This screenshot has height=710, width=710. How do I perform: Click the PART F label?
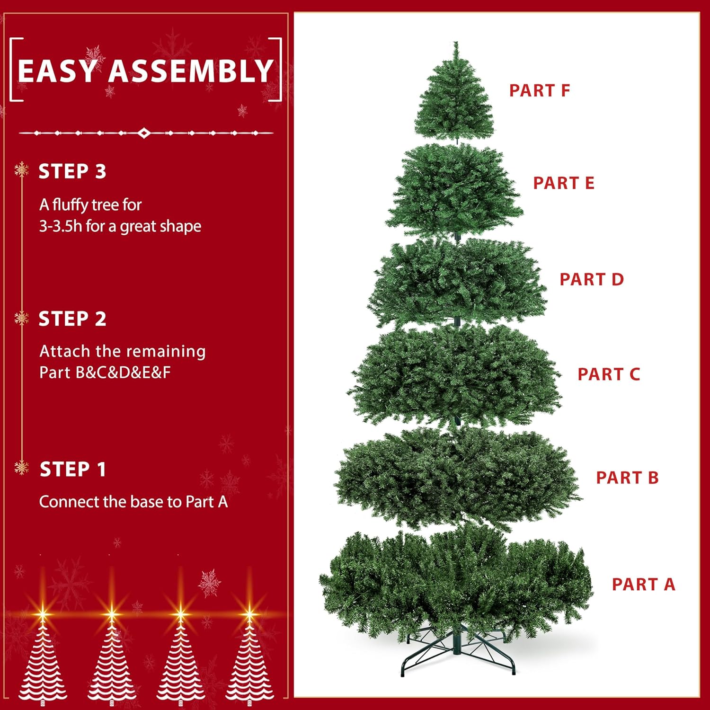pyautogui.click(x=539, y=90)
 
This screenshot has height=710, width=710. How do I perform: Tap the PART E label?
pyautogui.click(x=563, y=183)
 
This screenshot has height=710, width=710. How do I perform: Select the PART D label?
pyautogui.click(x=592, y=279)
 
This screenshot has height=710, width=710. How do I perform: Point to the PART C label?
pyautogui.click(x=609, y=374)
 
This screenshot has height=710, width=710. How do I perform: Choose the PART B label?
pyautogui.click(x=627, y=478)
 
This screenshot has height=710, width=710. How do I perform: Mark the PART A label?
pyautogui.click(x=643, y=584)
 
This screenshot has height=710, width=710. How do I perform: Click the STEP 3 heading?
pyautogui.click(x=72, y=171)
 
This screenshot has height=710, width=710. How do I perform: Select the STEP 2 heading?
pyautogui.click(x=72, y=319)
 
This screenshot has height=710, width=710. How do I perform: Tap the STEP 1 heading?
pyautogui.click(x=72, y=469)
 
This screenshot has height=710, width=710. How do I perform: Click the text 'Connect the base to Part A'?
pyautogui.click(x=133, y=502)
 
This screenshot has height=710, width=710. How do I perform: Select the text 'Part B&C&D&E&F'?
pyautogui.click(x=105, y=373)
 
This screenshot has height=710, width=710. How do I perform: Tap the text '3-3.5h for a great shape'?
pyautogui.click(x=120, y=226)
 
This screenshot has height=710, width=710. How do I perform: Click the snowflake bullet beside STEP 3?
pyautogui.click(x=22, y=169)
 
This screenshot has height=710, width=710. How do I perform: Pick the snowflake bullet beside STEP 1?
pyautogui.click(x=22, y=467)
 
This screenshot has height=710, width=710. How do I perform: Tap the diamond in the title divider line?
pyautogui.click(x=144, y=133)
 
